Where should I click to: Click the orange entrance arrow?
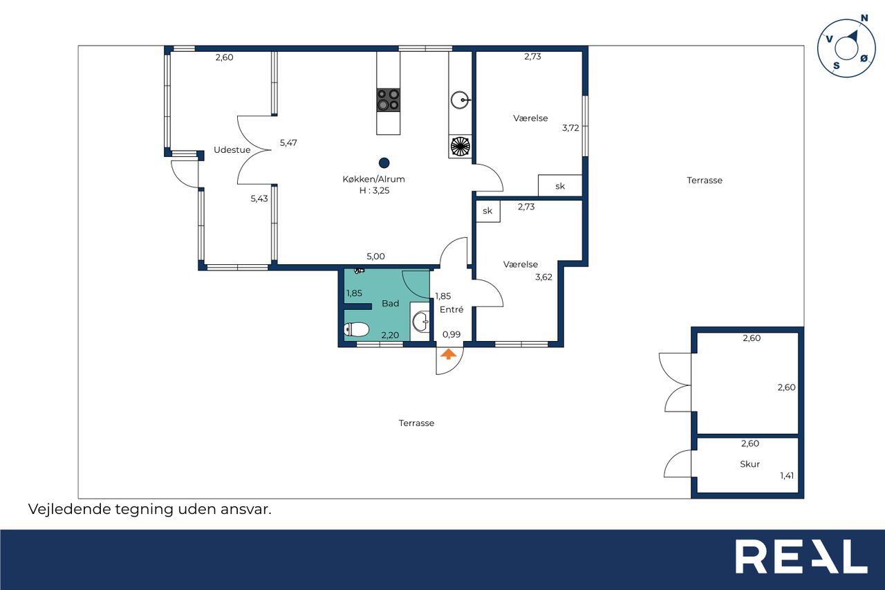448,354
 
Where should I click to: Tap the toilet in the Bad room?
356,329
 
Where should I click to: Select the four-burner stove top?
388,100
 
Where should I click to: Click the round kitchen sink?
460,100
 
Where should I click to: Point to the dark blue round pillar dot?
384,163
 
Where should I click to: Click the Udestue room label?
232,150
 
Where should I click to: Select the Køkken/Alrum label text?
373,179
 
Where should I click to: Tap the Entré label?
451,309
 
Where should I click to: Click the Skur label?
749,464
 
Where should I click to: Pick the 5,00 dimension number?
375,256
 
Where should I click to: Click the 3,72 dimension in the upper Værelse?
570,128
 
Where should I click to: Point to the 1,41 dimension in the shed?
787,475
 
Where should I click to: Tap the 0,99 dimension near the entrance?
451,334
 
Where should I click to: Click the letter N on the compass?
864,18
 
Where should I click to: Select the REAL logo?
801,556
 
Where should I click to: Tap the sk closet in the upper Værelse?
560,185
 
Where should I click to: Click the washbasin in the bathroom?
420,322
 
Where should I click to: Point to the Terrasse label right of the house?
705,181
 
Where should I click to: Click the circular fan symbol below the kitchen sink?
460,146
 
